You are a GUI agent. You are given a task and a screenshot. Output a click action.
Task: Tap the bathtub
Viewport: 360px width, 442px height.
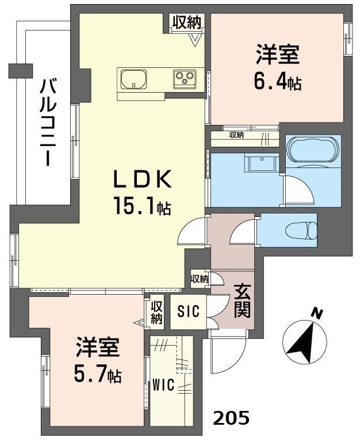pyautogui.click(x=312, y=151)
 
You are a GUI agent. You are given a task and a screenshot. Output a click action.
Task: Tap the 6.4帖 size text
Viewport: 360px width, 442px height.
pyautogui.click(x=278, y=82)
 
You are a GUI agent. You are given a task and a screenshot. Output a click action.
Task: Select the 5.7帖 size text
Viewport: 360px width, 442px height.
pyautogui.click(x=98, y=375)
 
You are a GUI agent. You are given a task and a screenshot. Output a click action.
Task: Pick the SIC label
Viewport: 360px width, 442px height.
pyautogui.click(x=187, y=312)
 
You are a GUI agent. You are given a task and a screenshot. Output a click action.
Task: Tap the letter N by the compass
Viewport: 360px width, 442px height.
pyautogui.click(x=316, y=314)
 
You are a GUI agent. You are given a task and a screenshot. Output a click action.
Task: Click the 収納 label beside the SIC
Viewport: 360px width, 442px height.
pyautogui.click(x=157, y=311)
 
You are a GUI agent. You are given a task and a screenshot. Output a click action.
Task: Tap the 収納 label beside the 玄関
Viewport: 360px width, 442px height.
pyautogui.click(x=200, y=279)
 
